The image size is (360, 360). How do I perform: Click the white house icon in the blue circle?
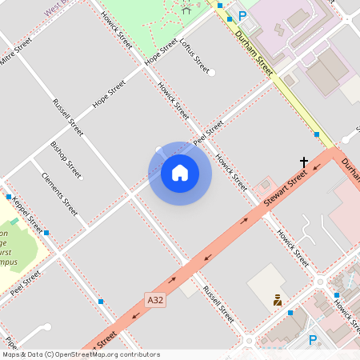[x=180, y=173]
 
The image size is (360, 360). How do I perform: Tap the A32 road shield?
[x=156, y=300]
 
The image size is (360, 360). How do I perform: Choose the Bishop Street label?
[x=66, y=159]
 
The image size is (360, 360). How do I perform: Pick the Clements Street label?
[x=60, y=194]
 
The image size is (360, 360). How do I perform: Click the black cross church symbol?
[x=303, y=162]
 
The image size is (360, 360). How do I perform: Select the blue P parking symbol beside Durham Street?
[x=242, y=15]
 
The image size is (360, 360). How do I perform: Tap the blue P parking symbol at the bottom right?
[x=313, y=340]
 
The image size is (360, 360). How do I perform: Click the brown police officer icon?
[x=278, y=301]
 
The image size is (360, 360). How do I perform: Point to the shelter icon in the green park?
[x=186, y=10]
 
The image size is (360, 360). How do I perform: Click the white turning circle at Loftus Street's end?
[x=212, y=73]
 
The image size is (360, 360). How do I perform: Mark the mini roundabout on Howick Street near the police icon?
[x=320, y=282]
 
